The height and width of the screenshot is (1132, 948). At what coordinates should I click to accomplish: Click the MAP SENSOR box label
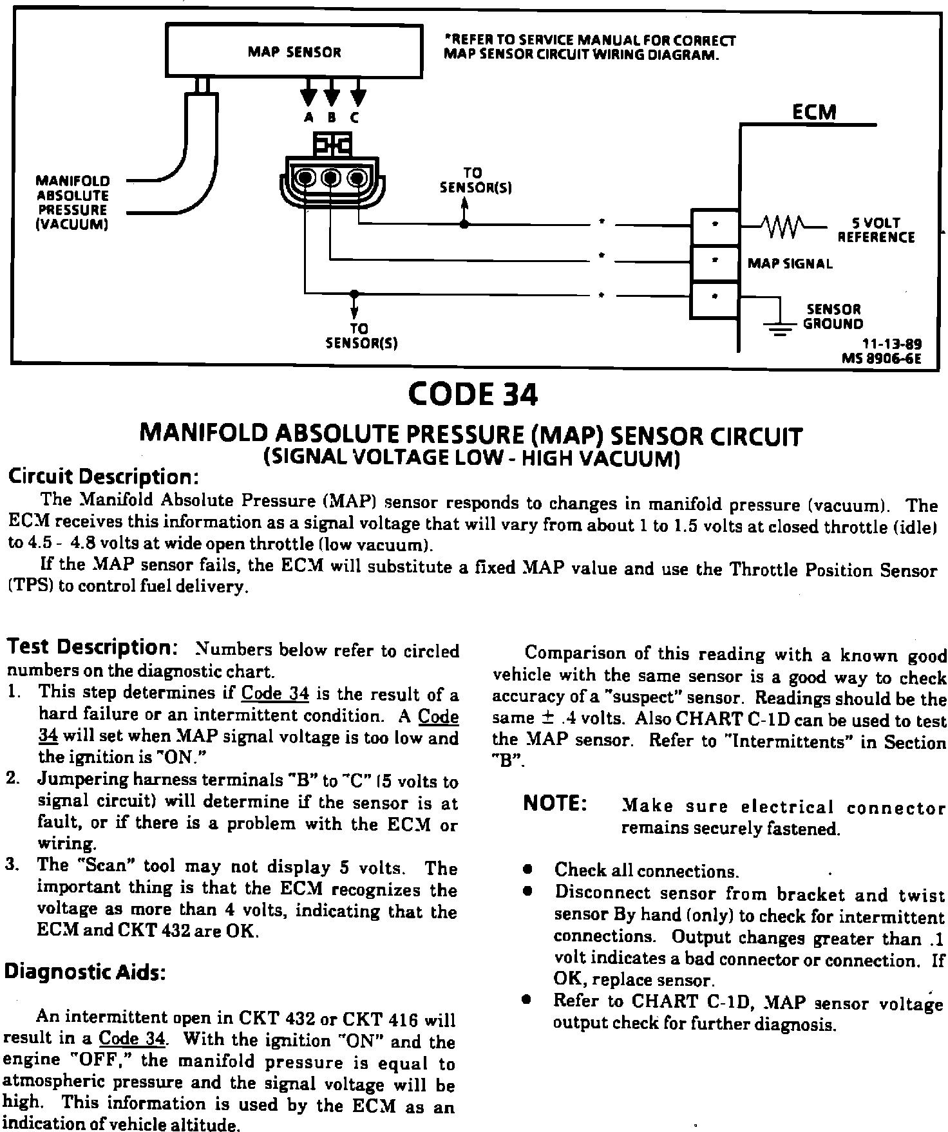pyautogui.click(x=294, y=53)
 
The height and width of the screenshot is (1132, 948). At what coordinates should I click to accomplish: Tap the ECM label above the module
pyautogui.click(x=813, y=112)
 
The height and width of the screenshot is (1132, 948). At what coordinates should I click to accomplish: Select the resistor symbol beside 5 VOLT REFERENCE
pyautogui.click(x=781, y=226)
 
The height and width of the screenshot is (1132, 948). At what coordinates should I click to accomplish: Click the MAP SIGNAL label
pyautogui.click(x=790, y=263)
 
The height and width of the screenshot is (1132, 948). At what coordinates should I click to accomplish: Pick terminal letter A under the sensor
pyautogui.click(x=308, y=118)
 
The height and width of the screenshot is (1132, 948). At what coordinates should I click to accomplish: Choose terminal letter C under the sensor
pyautogui.click(x=355, y=118)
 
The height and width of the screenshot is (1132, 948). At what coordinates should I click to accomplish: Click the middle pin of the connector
pyautogui.click(x=331, y=176)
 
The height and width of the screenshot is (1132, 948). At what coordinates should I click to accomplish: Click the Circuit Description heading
pyautogui.click(x=100, y=477)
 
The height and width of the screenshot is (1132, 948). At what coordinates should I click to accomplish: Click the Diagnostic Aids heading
pyautogui.click(x=84, y=972)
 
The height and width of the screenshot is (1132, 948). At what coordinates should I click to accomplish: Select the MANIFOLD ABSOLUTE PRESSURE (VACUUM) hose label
pyautogui.click(x=73, y=202)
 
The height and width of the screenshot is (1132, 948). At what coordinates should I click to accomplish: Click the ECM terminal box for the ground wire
pyautogui.click(x=715, y=300)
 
